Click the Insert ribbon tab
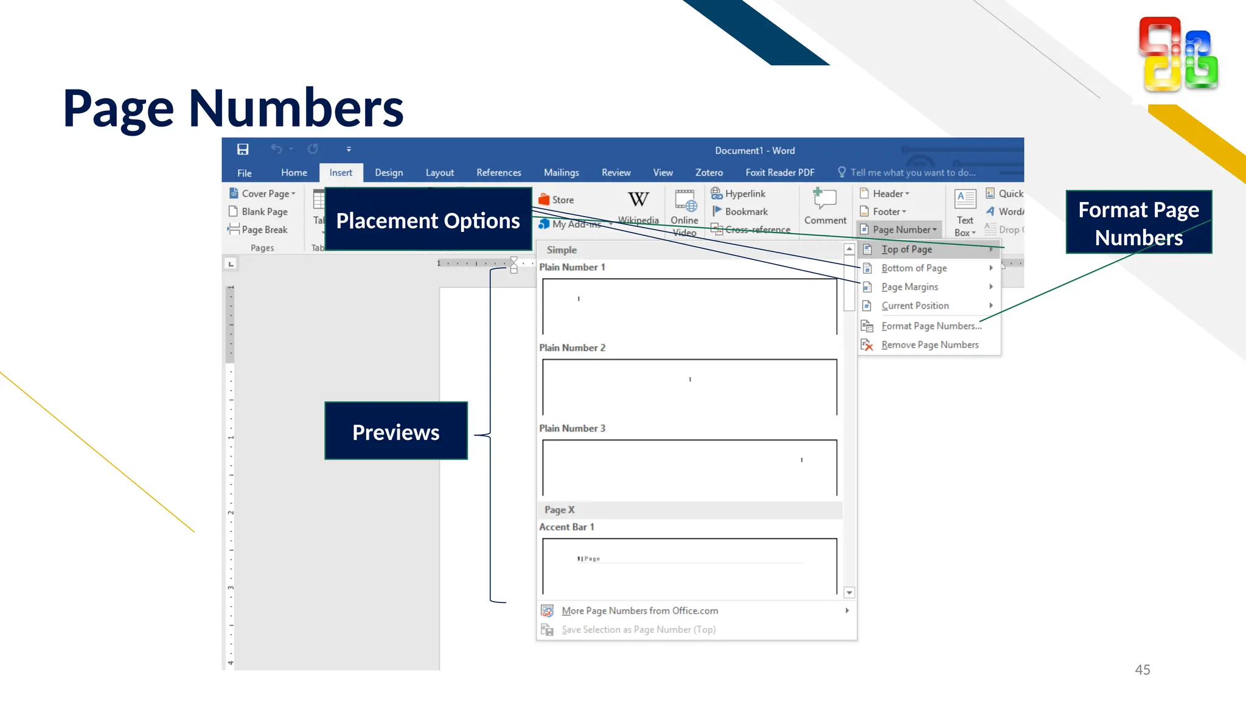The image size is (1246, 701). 340,173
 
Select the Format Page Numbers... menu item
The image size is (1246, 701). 931,326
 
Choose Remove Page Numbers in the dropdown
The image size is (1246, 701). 929,345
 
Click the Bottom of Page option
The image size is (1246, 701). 914,268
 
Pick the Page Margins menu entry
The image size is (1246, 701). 910,287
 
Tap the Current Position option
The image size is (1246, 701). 914,306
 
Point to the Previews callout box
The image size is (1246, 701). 396,431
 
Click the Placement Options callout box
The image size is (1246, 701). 428,220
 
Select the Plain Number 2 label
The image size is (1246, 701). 572,348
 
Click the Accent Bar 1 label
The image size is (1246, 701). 566,527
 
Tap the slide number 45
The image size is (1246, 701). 1142,670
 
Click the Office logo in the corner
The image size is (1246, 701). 1178,55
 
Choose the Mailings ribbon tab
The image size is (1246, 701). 561,173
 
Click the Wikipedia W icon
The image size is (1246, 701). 638,200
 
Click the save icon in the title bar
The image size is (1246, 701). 243,150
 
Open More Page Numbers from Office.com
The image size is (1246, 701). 639,611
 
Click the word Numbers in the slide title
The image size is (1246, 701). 296,110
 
